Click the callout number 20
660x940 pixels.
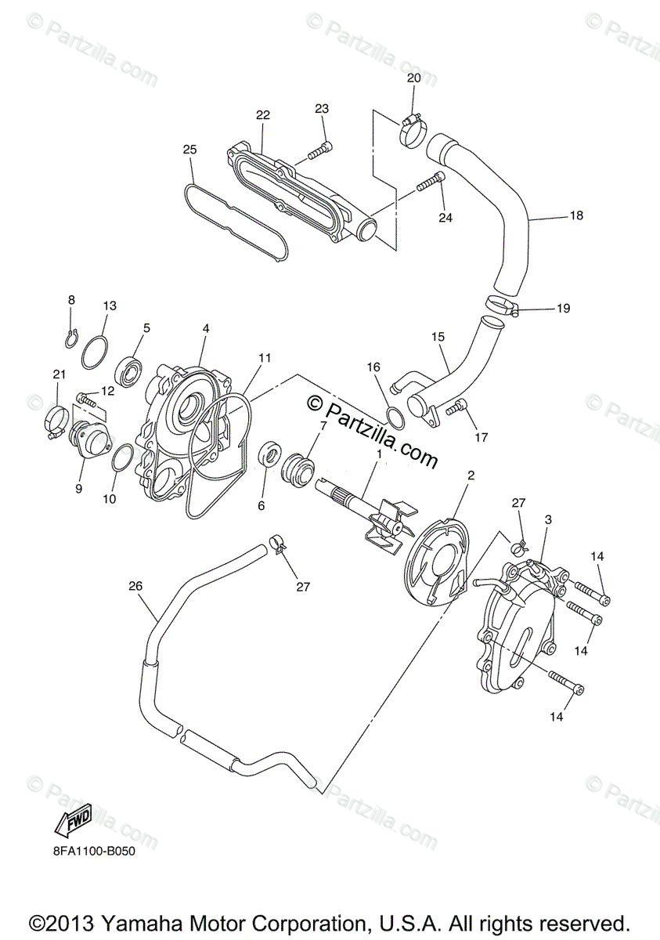[413, 78]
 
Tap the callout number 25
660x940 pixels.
[189, 150]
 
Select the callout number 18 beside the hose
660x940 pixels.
[576, 215]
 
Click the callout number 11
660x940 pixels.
[265, 358]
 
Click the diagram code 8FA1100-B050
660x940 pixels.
[91, 851]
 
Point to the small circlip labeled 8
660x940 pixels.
[70, 338]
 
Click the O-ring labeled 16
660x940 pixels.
[395, 418]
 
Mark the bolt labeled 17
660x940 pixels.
[456, 407]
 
